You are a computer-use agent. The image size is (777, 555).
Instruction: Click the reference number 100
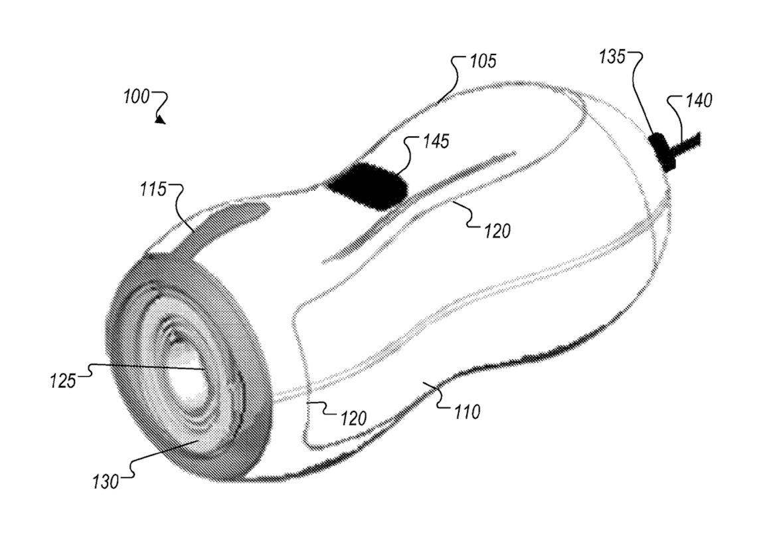coord(136,96)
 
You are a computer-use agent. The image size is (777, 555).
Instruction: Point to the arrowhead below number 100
coord(159,120)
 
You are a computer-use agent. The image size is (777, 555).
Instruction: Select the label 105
coord(483,62)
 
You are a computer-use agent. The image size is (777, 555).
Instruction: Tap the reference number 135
coord(612,57)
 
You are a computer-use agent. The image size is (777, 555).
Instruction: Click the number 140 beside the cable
coord(697,101)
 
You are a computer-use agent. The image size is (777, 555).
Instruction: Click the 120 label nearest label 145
coord(497,231)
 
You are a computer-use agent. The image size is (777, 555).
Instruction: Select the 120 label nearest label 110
coord(353,418)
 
